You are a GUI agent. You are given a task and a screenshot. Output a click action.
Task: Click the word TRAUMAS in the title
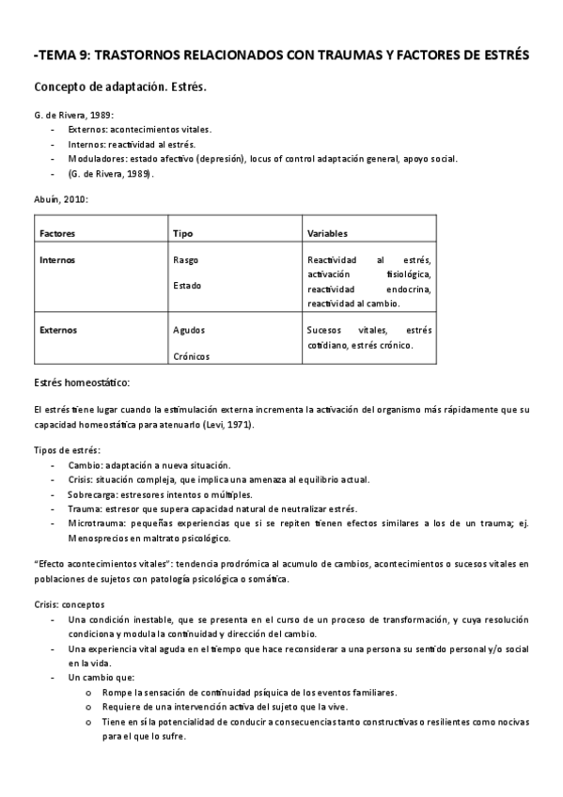[x=335, y=55]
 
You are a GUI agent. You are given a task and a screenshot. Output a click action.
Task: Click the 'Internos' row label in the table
[x=57, y=259]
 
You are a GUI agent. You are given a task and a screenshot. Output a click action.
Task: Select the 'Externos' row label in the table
[x=58, y=331]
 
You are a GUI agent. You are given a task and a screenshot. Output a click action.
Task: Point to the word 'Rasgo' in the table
[x=186, y=259]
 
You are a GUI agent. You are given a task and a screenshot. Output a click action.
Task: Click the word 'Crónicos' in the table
[x=191, y=356]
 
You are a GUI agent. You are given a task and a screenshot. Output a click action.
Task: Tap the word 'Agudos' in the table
[x=189, y=331]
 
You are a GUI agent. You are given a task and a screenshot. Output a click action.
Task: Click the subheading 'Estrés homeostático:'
[x=81, y=383]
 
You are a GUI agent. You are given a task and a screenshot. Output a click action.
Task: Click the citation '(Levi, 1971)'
[x=230, y=425]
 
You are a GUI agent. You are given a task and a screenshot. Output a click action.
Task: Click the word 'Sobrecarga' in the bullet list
[x=93, y=494]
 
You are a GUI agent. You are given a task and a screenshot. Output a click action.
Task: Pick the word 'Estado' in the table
[x=187, y=285]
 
